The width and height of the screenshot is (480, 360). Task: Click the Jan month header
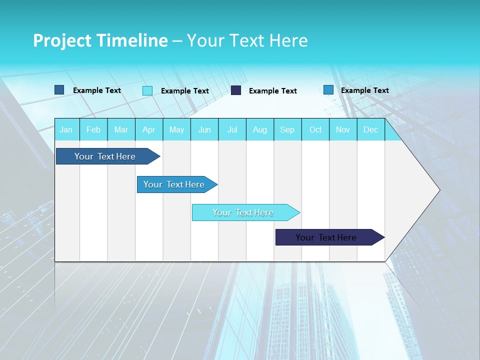tap(66, 129)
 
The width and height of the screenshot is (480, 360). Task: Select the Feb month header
tap(93, 129)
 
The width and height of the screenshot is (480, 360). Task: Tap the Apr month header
tap(149, 129)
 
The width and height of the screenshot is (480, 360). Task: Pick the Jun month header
tap(204, 129)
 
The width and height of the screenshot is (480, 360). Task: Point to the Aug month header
tap(260, 129)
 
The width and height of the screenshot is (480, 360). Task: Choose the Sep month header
tap(287, 129)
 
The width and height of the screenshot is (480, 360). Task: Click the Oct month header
tap(315, 129)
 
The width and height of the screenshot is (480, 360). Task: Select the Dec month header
tap(371, 129)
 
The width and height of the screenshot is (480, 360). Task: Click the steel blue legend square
tap(59, 90)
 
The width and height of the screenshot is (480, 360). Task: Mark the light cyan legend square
tap(147, 90)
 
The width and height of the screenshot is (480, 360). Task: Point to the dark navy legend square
tap(236, 90)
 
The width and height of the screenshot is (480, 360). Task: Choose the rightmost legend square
tap(328, 90)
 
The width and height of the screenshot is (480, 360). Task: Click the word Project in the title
tap(62, 40)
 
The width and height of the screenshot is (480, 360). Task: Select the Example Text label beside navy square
tap(273, 91)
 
